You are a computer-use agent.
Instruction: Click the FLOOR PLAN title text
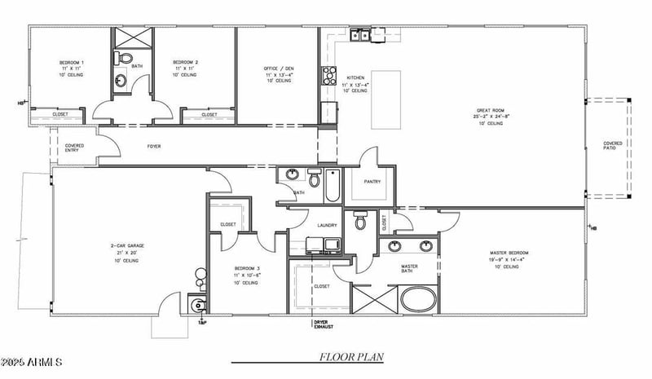coord(350,357)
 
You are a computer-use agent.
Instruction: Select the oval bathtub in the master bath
coord(419,299)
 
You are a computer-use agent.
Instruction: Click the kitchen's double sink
coord(361,35)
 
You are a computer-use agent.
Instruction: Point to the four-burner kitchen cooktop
coord(330,76)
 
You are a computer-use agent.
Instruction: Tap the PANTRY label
coord(373,183)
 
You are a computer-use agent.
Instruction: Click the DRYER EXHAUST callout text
coord(324,324)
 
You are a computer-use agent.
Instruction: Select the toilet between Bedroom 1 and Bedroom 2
coord(123,58)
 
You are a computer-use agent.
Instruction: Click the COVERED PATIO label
coord(613,146)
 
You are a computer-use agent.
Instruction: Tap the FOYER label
coord(153,147)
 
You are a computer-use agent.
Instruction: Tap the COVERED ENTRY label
coord(74,148)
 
